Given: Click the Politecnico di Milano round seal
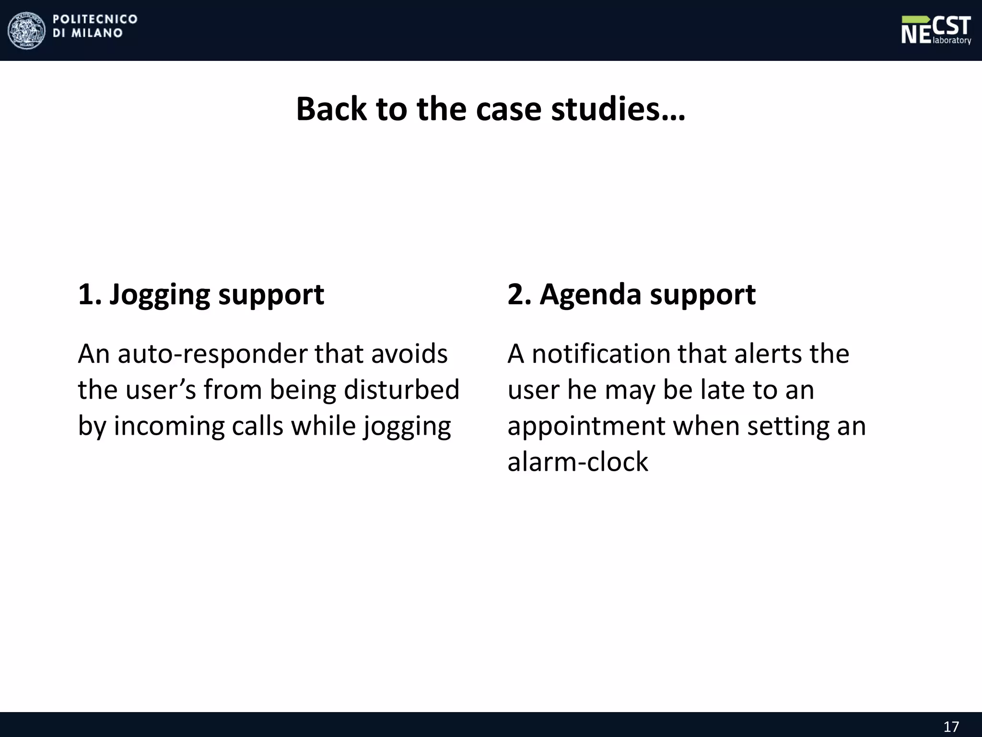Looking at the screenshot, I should pyautogui.click(x=26, y=30).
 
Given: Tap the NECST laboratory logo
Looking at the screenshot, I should pyautogui.click(x=935, y=30).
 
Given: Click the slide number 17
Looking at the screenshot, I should pyautogui.click(x=951, y=726).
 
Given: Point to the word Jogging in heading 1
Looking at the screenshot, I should pyautogui.click(x=160, y=295).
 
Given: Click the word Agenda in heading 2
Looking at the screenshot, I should pyautogui.click(x=590, y=295).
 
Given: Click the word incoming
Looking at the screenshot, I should pyautogui.click(x=169, y=426).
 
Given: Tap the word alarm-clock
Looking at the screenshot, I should pyautogui.click(x=577, y=462).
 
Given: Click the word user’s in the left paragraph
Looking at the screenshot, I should pyautogui.click(x=161, y=389).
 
